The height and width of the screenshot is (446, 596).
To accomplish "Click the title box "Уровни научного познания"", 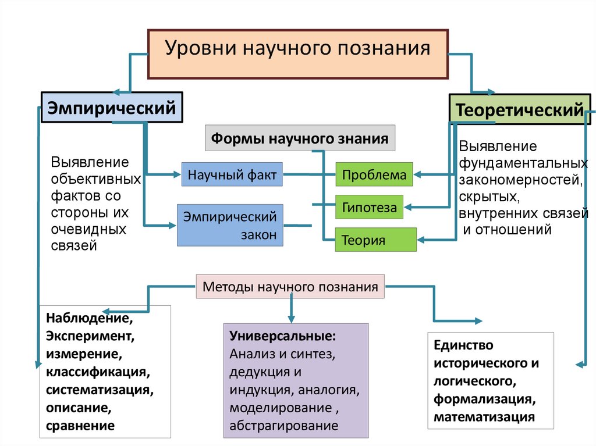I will pyautogui.click(x=297, y=53).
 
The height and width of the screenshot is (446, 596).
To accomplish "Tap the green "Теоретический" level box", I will pyautogui.click(x=519, y=109).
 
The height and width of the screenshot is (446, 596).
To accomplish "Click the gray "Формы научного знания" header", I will pyautogui.click(x=300, y=139).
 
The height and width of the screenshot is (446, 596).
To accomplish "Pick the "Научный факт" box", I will pyautogui.click(x=232, y=174).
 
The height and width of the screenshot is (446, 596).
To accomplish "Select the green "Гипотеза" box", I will pyautogui.click(x=370, y=207).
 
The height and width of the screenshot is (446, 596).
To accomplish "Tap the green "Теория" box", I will pyautogui.click(x=375, y=240).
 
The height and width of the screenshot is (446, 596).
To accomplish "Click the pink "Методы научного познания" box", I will pyautogui.click(x=290, y=287).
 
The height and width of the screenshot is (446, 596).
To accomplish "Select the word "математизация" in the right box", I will pyautogui.click(x=484, y=416).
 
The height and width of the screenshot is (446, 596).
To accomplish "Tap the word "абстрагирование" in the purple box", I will pyautogui.click(x=283, y=425).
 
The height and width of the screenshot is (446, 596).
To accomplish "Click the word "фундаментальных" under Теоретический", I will pyautogui.click(x=522, y=162).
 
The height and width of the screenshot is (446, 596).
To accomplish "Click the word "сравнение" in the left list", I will pyautogui.click(x=80, y=424).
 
